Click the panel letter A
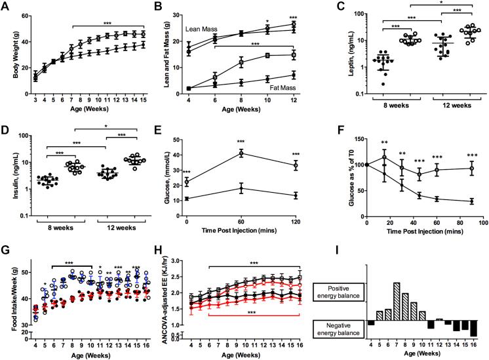[5, 6]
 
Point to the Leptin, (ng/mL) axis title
[340, 57]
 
